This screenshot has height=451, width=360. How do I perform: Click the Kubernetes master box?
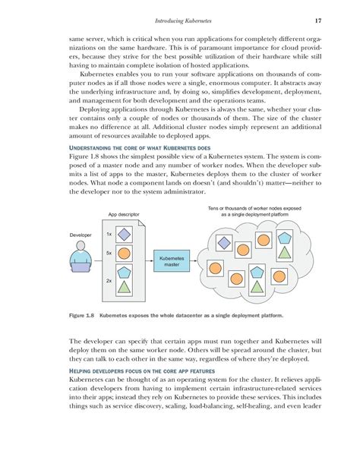tap(171, 262)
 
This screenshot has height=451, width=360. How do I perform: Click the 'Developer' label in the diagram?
tap(80, 235)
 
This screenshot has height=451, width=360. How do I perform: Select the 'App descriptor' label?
tap(125, 215)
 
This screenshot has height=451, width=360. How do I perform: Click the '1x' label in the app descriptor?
tap(109, 235)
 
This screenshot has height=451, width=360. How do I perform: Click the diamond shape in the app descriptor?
tap(126, 235)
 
